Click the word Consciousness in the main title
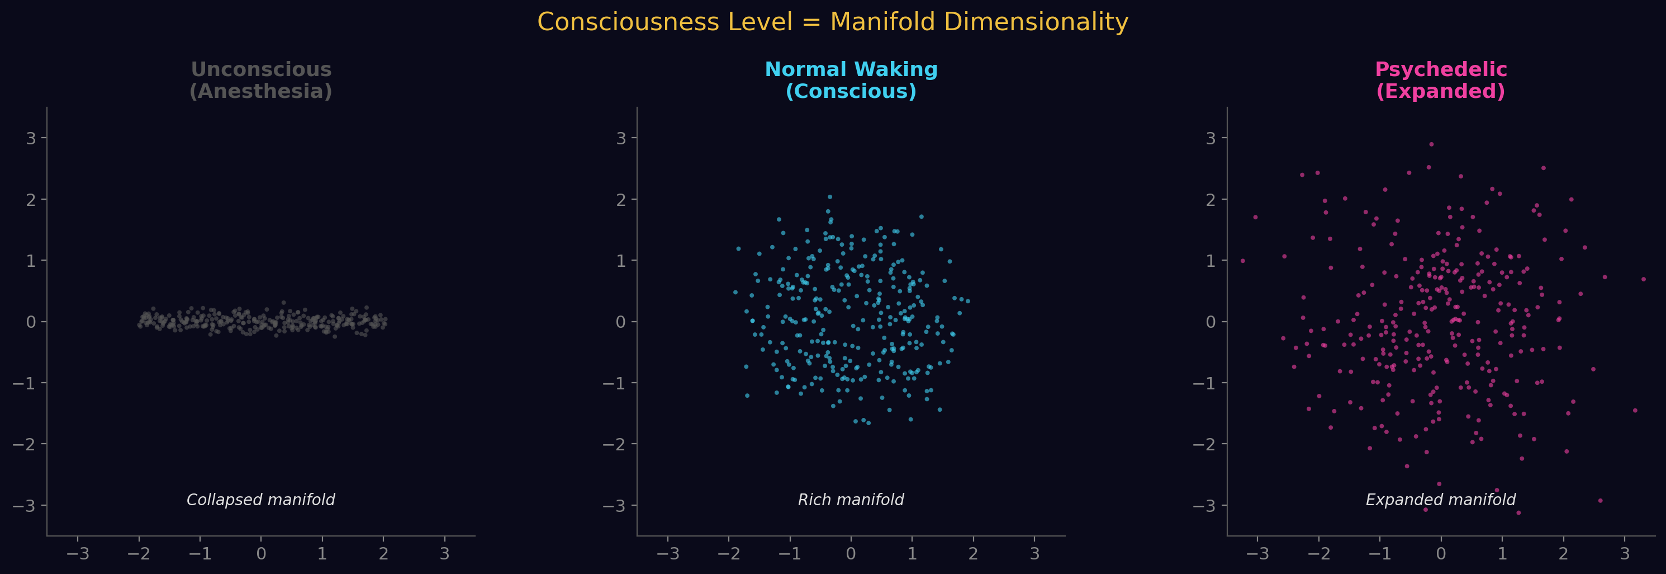[664, 22]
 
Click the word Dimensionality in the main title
[1036, 22]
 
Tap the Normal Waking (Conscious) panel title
[851, 80]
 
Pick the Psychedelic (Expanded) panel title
[1440, 80]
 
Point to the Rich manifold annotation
[851, 500]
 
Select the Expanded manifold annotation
[1440, 500]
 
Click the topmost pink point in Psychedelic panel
[1431, 144]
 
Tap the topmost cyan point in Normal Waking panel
[830, 197]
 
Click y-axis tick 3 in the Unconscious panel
[30, 138]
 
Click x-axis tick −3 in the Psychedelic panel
[1257, 554]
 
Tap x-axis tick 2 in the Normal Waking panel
[972, 554]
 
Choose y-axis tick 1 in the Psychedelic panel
[1211, 261]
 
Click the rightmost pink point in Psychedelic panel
[1643, 280]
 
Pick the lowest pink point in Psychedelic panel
[1518, 512]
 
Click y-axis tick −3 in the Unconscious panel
[24, 505]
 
